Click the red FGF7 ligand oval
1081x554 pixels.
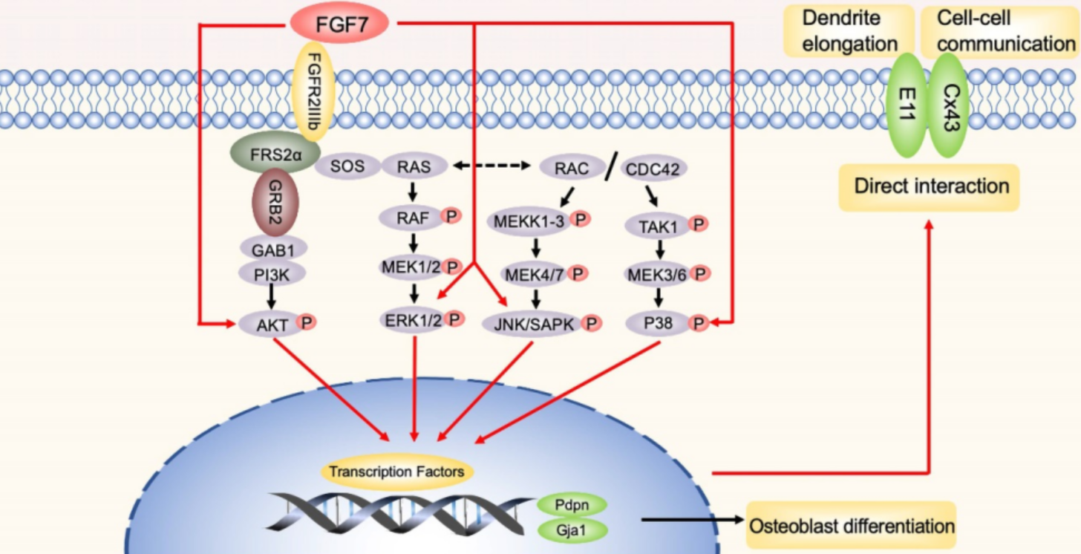pos(339,23)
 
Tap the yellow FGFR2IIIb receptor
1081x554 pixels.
pos(313,91)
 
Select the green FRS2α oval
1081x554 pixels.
pos(275,153)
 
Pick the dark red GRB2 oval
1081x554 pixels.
pos(275,202)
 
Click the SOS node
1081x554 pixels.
pos(347,166)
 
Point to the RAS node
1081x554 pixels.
pos(414,166)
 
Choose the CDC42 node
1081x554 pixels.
pos(653,169)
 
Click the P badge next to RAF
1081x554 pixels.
pos(451,215)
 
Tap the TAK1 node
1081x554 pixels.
pos(658,226)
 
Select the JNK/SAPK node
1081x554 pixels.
pos(535,324)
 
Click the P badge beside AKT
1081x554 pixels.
pos(306,322)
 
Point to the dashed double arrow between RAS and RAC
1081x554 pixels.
pos(491,166)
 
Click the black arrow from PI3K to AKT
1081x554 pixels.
pos(271,296)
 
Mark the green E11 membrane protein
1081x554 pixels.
pos(907,105)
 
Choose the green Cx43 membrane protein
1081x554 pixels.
pos(948,105)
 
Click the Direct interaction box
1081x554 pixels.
pos(929,187)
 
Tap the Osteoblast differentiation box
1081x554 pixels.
pos(852,525)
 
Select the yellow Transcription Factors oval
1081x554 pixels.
pos(396,472)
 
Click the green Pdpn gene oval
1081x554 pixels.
pos(572,505)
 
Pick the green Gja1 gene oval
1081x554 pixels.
pos(572,530)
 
